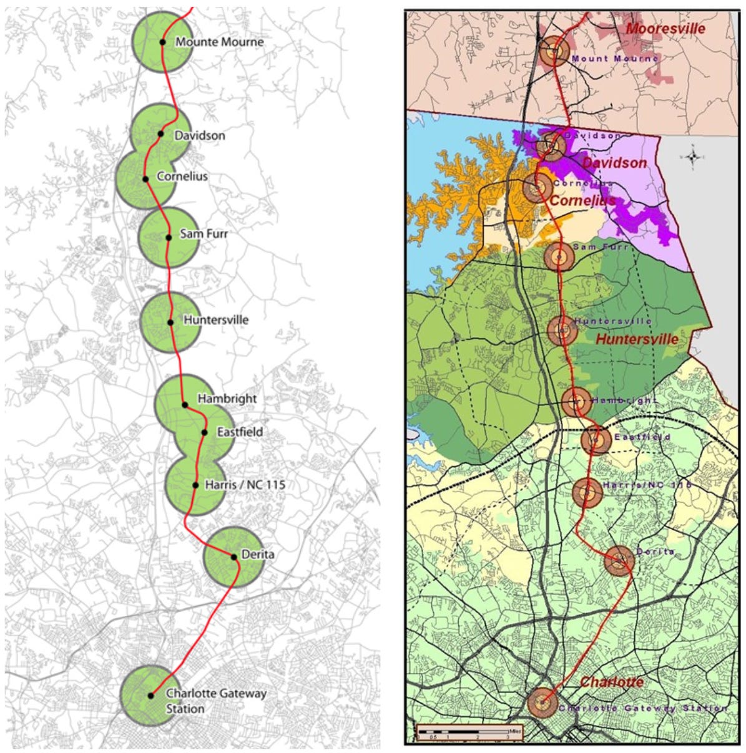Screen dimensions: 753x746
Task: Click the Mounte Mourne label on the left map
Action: (x=219, y=42)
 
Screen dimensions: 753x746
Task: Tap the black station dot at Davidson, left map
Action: (x=160, y=134)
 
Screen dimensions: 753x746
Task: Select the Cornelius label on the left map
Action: (x=182, y=177)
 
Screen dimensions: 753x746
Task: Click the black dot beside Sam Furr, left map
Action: (x=169, y=237)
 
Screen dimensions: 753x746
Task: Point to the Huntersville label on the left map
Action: (x=216, y=320)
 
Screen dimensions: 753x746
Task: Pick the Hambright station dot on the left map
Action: (x=185, y=404)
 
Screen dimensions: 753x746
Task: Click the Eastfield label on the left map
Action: (x=240, y=432)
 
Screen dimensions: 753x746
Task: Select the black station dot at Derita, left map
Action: (x=234, y=556)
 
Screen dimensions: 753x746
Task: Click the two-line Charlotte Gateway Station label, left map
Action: (x=216, y=701)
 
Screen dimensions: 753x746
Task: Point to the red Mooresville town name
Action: (x=665, y=29)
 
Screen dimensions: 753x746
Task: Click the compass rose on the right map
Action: (x=692, y=157)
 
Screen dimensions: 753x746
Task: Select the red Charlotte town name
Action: (x=612, y=682)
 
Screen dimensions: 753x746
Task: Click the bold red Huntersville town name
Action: (x=637, y=339)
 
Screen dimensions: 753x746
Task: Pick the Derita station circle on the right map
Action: (x=619, y=561)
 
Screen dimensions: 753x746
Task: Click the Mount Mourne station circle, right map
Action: (x=553, y=51)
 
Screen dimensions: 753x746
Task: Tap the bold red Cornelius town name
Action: (x=582, y=201)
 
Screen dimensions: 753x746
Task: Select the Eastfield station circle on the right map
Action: (x=596, y=440)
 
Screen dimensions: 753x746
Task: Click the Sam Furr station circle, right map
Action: (x=559, y=257)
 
